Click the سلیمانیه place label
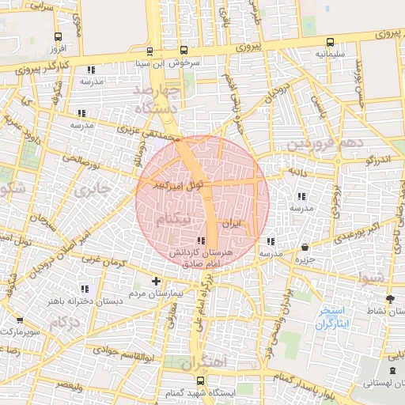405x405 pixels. click(329, 55)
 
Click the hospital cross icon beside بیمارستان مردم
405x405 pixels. click(156, 281)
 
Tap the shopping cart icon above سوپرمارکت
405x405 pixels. click(19, 320)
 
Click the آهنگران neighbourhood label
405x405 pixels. click(202, 363)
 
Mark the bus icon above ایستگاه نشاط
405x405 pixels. click(389, 298)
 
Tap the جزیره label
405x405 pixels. click(305, 259)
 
